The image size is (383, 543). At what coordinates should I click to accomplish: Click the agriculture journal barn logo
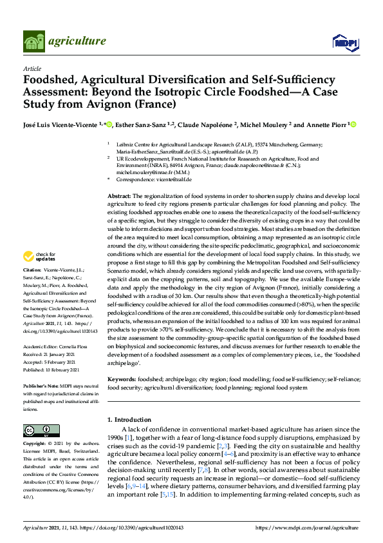(33, 41)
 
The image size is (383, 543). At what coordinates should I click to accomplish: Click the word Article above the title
(32, 68)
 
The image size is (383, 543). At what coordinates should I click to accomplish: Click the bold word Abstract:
(119, 195)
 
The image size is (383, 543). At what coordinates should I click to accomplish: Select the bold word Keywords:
(123, 380)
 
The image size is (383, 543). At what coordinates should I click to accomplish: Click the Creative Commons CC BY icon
(37, 431)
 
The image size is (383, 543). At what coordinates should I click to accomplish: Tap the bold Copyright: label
(35, 444)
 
